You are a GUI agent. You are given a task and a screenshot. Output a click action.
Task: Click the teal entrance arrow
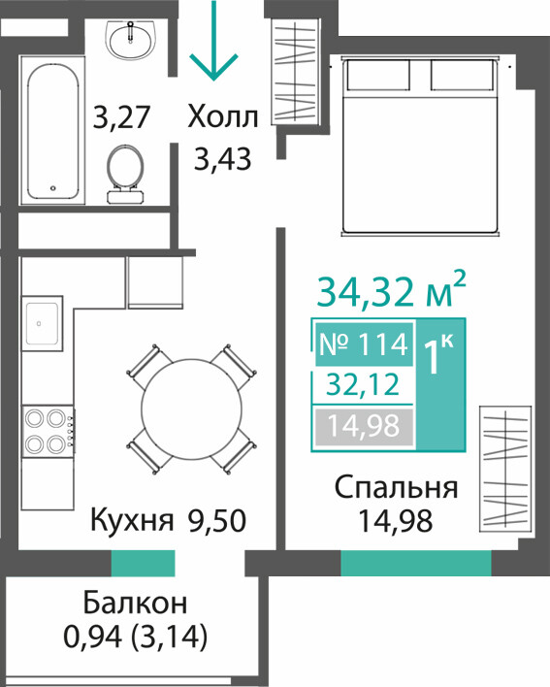click(213, 41)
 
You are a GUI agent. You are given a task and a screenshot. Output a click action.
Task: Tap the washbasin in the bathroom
click(131, 41)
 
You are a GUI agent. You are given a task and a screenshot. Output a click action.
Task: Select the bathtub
click(53, 130)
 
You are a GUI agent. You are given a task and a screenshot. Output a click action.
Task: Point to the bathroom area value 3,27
click(122, 117)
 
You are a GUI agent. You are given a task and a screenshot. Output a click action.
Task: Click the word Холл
click(223, 117)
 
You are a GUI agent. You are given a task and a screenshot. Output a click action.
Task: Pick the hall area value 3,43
click(223, 158)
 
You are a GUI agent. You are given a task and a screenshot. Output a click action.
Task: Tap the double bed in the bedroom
click(420, 147)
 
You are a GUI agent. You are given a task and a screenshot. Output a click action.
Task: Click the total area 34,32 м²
click(391, 290)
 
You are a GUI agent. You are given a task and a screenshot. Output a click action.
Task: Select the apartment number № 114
click(364, 344)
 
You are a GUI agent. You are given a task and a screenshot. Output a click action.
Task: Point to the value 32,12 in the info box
click(364, 385)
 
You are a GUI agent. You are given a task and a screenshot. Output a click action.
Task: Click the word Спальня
click(397, 488)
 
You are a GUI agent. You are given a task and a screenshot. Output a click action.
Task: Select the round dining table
click(191, 409)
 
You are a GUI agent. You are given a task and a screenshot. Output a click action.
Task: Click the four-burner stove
click(49, 431)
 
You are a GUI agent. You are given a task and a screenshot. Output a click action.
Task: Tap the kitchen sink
click(42, 323)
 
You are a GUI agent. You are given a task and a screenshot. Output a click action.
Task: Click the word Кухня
click(132, 521)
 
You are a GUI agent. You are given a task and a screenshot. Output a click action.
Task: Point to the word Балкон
click(135, 603)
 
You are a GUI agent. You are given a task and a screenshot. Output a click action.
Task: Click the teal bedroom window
click(416, 563)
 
